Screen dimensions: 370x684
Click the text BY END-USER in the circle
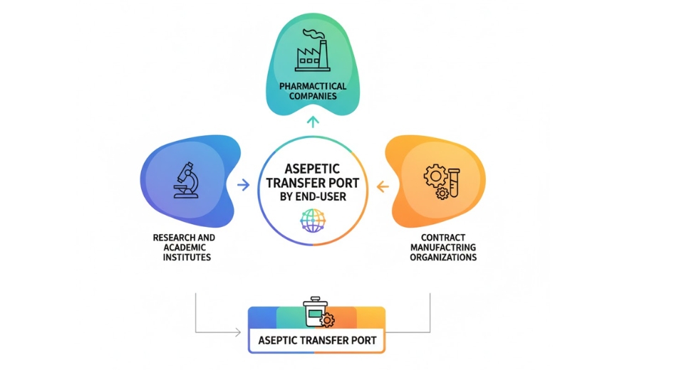(312, 196)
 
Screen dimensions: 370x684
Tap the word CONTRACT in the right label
(442, 237)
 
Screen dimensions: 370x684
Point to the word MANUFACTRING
(442, 247)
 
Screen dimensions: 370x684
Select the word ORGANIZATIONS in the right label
(442, 258)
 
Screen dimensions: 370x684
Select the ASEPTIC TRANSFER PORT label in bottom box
(316, 339)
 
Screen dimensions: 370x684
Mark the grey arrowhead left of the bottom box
(237, 332)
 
